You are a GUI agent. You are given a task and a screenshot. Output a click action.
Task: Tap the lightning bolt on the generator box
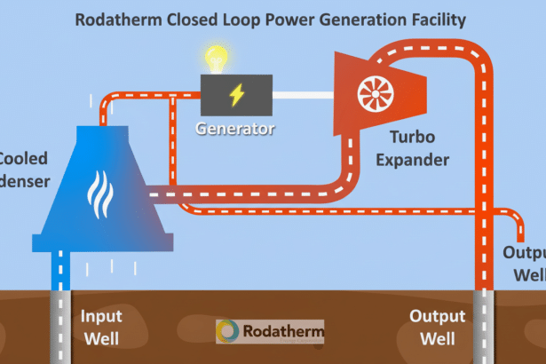235,92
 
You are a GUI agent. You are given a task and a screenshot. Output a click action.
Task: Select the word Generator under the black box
235,129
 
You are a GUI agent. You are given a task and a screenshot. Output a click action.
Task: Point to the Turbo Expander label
420,148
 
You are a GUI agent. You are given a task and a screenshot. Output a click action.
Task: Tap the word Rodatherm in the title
122,19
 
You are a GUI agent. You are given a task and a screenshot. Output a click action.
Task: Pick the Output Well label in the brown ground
437,327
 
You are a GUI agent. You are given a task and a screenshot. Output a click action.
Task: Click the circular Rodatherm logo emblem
228,332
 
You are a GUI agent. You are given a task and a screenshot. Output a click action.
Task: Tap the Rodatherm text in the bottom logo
282,331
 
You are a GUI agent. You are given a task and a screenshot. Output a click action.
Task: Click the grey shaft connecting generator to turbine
303,92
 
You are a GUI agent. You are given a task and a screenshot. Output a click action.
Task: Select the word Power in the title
289,19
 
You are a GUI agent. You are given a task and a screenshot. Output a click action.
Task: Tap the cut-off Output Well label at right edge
530,263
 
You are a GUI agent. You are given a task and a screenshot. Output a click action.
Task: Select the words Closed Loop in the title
212,19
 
